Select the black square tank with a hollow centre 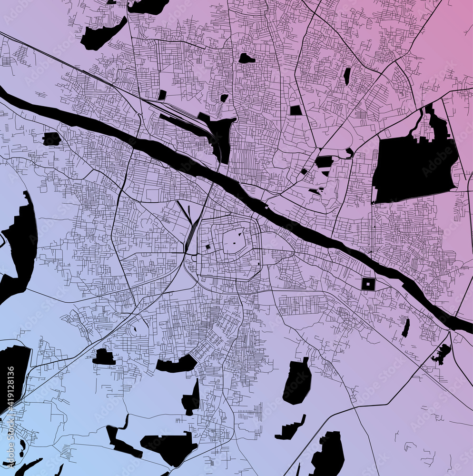click(368, 284)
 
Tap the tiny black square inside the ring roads click(207, 247)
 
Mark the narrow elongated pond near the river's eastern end click(405, 327)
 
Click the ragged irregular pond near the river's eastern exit click(442, 353)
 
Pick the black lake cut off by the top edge click(148, 6)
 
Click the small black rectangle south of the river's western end click(51, 139)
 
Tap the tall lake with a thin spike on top click(192, 399)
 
